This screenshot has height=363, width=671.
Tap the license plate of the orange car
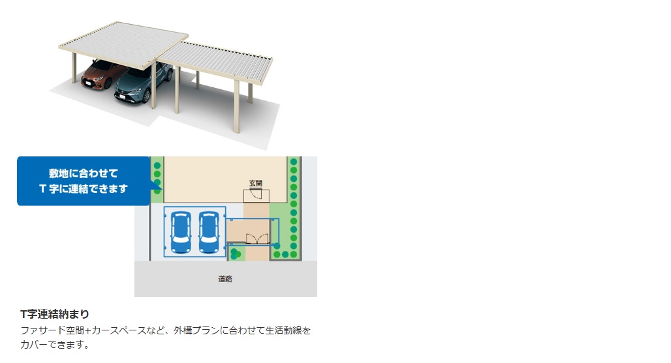tap(87, 83)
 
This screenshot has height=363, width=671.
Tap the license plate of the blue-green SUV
tap(121, 97)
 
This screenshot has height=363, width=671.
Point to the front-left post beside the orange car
tap(74, 67)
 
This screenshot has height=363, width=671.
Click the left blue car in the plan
tap(181, 232)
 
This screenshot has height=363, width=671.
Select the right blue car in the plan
tap(209, 232)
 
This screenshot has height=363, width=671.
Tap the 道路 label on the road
tap(225, 279)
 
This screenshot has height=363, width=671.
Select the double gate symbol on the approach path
tap(257, 239)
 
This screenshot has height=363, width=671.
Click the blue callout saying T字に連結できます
tap(84, 181)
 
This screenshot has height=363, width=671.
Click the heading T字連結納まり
tap(55, 314)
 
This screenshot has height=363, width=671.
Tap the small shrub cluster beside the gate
tap(235, 254)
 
